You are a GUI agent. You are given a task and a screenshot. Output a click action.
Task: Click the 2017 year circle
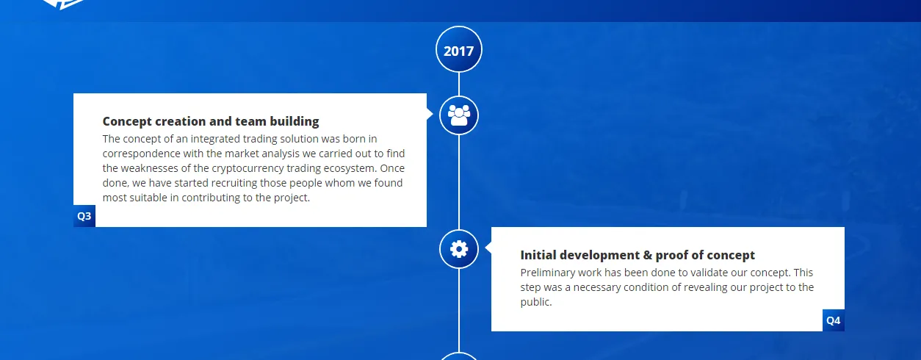click(x=459, y=49)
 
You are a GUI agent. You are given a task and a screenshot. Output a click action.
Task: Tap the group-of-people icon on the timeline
click(x=459, y=115)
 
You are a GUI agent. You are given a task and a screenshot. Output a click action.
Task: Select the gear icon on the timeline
click(x=459, y=249)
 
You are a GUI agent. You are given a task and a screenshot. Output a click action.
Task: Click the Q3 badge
click(x=84, y=216)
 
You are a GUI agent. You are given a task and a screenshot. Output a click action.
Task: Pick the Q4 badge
click(x=834, y=320)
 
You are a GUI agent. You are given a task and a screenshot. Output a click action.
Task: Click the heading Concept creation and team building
click(x=211, y=121)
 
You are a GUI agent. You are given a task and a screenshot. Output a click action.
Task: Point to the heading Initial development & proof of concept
click(x=638, y=255)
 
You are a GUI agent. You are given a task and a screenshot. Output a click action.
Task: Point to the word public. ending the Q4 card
click(x=536, y=303)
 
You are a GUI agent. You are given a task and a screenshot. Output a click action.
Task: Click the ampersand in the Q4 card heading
click(x=648, y=255)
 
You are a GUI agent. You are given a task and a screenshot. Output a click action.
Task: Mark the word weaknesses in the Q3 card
click(x=150, y=168)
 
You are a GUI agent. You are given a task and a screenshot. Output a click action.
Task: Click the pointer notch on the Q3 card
click(x=430, y=114)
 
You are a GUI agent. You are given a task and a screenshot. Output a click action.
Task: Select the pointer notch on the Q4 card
click(x=488, y=248)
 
